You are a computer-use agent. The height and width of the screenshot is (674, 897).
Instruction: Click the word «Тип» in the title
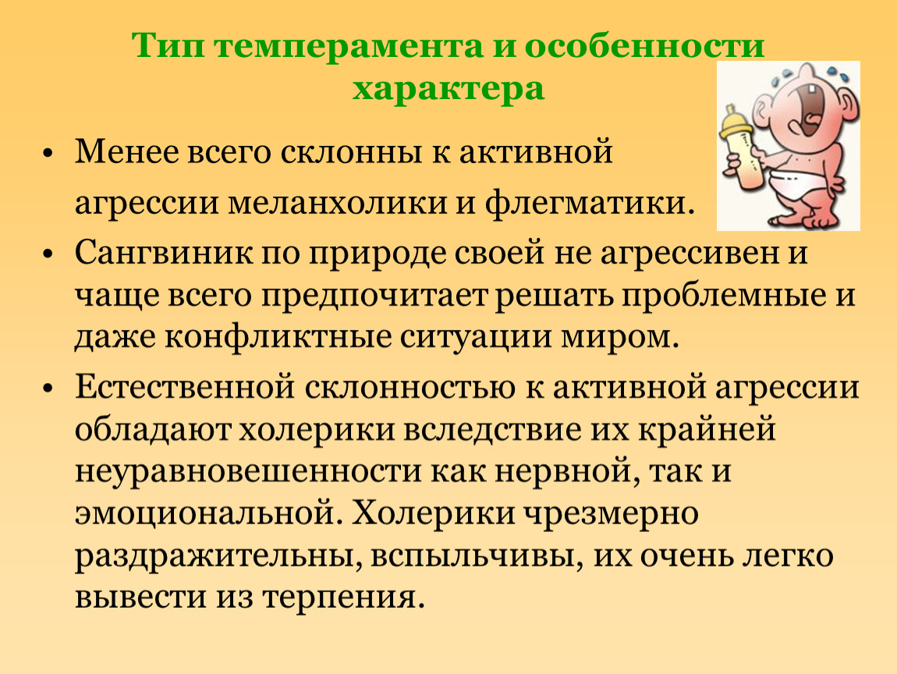tap(168, 45)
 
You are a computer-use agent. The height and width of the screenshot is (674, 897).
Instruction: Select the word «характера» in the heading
tap(448, 89)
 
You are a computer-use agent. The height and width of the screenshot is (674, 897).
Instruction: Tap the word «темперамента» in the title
tap(349, 47)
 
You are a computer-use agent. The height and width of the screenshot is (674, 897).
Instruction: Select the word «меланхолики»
tap(337, 203)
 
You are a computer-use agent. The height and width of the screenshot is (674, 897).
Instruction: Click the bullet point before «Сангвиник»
tap(48, 254)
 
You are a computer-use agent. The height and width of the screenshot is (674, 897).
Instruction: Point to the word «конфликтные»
tap(278, 338)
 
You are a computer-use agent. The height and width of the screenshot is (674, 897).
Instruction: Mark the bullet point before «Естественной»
tap(48, 388)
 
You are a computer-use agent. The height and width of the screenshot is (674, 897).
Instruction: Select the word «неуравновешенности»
tap(248, 472)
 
